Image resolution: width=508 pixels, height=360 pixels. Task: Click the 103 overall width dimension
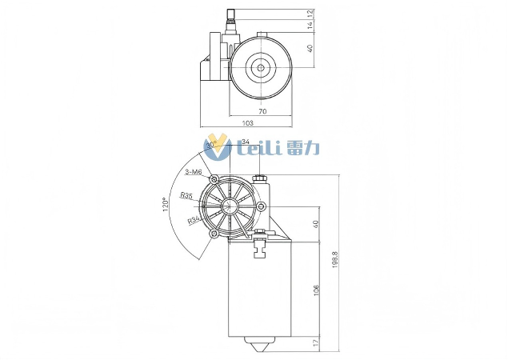pos(247,123)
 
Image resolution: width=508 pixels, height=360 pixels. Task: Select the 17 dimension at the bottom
pos(316,343)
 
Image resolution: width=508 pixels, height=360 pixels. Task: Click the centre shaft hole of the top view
pos(261,68)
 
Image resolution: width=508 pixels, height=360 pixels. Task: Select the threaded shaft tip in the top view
pos(231,14)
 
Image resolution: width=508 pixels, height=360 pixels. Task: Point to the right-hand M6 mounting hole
pos(261,207)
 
